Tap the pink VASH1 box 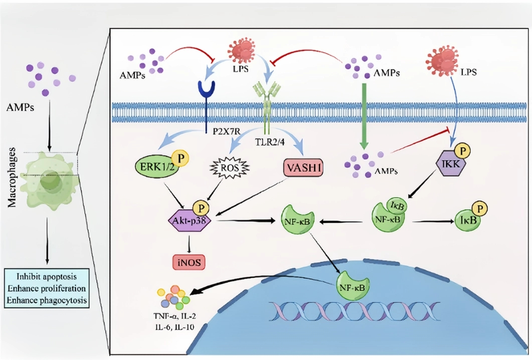point(303,168)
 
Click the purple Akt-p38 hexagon point(190,219)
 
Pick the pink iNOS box point(189,261)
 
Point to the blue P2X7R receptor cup point(207,89)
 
